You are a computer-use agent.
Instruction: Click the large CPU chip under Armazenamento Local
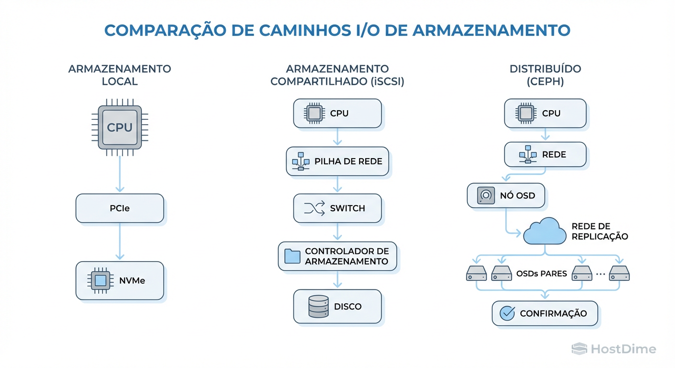(119, 127)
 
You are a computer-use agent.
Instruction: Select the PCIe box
(120, 208)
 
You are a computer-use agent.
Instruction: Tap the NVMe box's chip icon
(100, 280)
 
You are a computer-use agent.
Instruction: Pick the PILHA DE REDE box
(337, 161)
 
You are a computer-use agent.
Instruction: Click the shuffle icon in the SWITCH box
(314, 208)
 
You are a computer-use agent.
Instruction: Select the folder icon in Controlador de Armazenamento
(292, 256)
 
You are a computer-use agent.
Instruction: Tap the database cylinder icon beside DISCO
(318, 306)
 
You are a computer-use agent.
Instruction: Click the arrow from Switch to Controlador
(337, 231)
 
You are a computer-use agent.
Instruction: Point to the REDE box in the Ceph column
(545, 154)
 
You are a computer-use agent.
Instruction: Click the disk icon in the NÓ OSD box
(486, 195)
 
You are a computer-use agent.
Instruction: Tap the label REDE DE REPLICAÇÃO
(599, 231)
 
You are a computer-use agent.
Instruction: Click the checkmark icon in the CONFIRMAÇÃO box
(507, 313)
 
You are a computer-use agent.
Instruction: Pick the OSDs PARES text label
(542, 274)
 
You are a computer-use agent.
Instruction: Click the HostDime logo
(614, 349)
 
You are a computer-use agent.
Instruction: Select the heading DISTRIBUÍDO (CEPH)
(545, 75)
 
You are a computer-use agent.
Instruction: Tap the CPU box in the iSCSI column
(337, 114)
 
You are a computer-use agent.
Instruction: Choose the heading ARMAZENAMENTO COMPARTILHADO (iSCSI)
(337, 75)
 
